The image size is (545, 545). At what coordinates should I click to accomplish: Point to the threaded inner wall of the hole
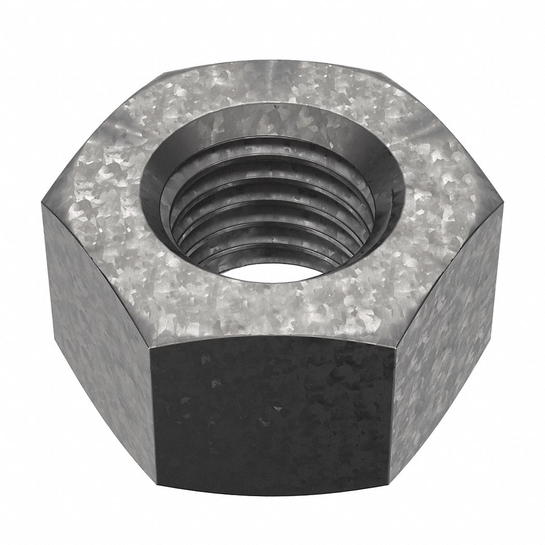(270, 218)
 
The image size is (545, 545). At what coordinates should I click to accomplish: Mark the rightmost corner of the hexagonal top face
(502, 205)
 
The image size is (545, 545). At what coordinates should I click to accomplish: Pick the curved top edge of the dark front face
(272, 336)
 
